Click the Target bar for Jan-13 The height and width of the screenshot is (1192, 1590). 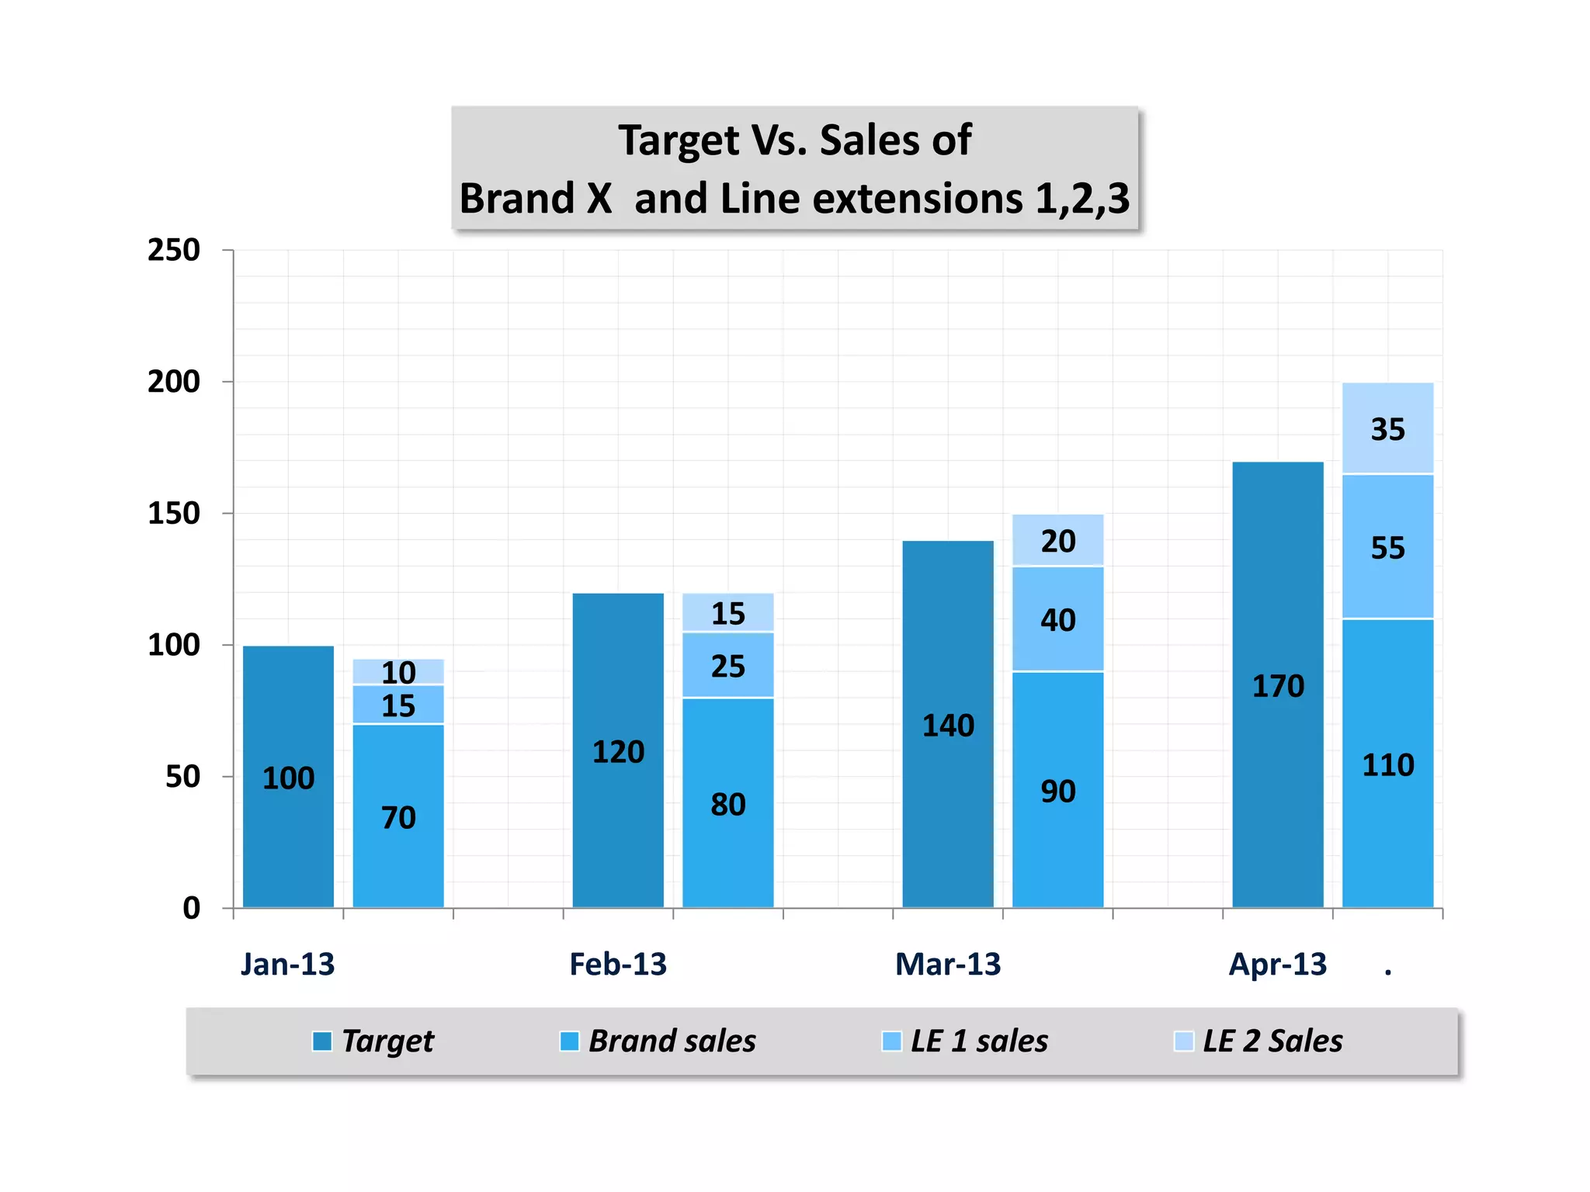click(288, 776)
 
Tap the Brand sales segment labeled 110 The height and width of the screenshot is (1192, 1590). click(1387, 764)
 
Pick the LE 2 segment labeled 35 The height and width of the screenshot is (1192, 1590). click(1387, 428)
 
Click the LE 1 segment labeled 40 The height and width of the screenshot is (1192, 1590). click(1057, 619)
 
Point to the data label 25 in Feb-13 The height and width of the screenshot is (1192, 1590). click(727, 666)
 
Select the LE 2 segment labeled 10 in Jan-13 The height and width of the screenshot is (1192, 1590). click(398, 671)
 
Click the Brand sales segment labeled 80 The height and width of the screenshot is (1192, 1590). click(727, 803)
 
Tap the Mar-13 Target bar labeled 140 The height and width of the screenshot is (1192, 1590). click(947, 724)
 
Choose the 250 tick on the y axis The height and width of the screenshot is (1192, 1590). click(174, 250)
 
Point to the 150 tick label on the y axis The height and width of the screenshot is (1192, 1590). click(174, 513)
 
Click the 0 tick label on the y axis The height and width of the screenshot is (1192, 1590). click(191, 908)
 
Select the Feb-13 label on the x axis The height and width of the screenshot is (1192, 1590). click(617, 964)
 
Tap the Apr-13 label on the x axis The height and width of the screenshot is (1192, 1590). click(1277, 964)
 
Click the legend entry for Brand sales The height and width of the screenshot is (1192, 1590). click(671, 1041)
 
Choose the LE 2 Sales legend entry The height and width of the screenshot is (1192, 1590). click(1272, 1041)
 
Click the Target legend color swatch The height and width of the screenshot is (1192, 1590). click(321, 1041)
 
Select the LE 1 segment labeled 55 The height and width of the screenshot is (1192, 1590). click(1387, 547)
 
